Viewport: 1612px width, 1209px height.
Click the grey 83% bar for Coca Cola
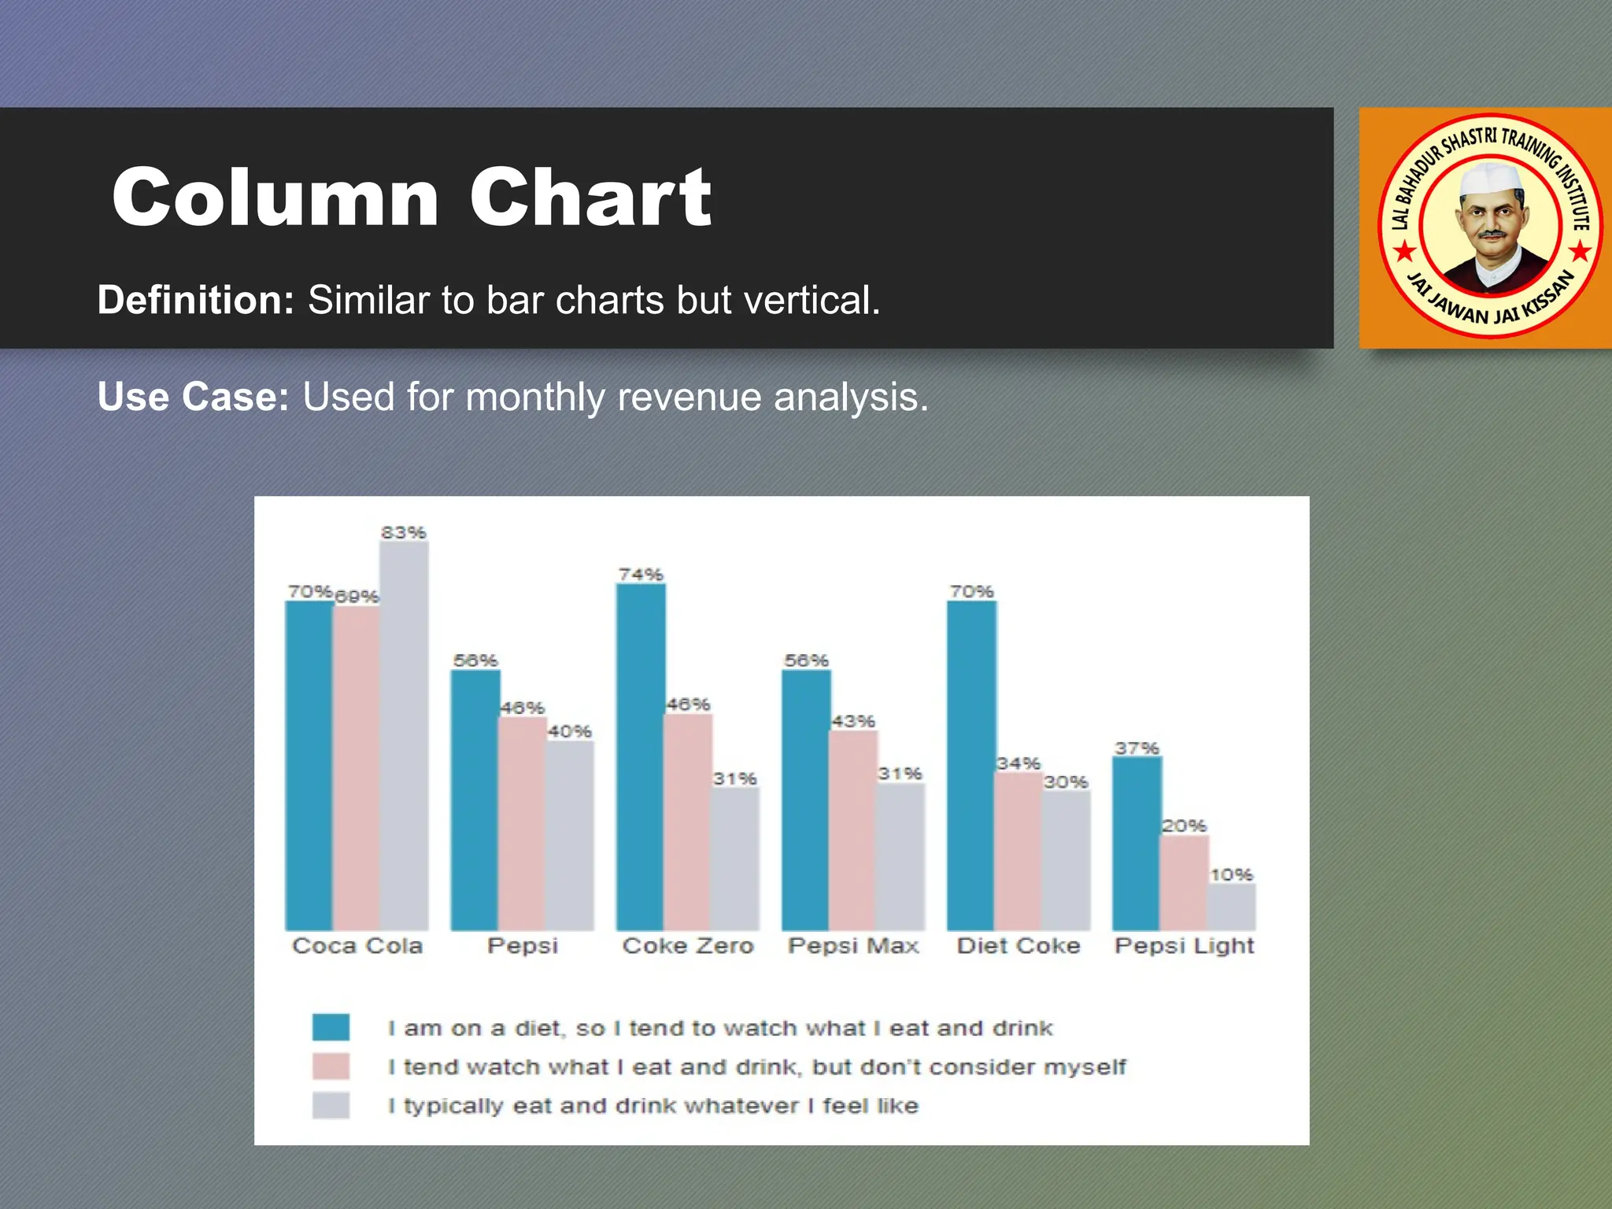tap(404, 736)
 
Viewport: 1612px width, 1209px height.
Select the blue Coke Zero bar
tap(640, 756)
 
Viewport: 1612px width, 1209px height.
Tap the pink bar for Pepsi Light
tap(1183, 883)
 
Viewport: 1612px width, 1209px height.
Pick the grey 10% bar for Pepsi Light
tap(1231, 907)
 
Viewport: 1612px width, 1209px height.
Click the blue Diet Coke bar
tap(971, 765)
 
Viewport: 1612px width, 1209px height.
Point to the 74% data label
tap(641, 575)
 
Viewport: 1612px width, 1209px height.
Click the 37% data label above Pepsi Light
tap(1137, 748)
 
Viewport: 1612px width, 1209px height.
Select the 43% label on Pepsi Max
tap(853, 721)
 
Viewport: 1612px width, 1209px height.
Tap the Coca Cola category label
tap(357, 945)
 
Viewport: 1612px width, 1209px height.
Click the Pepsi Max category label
tap(853, 945)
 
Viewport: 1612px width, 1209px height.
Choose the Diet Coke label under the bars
tap(1019, 945)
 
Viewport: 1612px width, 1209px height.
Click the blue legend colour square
tap(331, 1027)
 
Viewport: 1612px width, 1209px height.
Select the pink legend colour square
tap(331, 1067)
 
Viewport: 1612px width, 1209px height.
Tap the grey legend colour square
tap(331, 1105)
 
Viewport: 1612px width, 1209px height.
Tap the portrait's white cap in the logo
tap(1490, 179)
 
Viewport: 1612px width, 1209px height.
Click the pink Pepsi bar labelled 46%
tap(522, 823)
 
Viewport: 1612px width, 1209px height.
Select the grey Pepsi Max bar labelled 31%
tap(900, 856)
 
